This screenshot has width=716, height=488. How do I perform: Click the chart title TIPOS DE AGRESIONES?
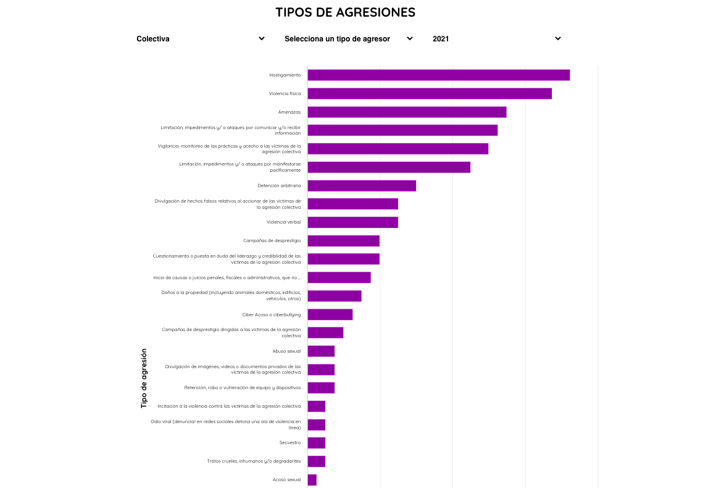(345, 12)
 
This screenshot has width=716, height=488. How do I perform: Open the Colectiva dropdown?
(201, 38)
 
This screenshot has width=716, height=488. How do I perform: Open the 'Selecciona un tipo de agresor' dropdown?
(349, 38)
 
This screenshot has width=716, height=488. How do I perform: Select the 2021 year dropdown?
(497, 38)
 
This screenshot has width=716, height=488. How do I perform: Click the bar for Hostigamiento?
(438, 75)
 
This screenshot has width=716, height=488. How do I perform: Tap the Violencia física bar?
(429, 94)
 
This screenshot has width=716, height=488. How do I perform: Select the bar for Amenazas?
(407, 112)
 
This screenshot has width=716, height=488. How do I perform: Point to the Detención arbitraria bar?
(362, 186)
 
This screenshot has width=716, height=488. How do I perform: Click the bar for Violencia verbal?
(352, 222)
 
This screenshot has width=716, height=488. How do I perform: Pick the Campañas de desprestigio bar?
(343, 241)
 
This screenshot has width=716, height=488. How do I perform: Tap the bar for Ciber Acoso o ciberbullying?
(330, 314)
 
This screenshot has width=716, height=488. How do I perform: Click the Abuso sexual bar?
(321, 351)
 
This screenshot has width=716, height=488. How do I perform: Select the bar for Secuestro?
(317, 443)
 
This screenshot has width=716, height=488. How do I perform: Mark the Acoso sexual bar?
(312, 480)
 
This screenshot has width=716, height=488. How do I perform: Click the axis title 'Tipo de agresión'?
(144, 378)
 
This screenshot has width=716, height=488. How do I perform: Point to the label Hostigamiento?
(285, 75)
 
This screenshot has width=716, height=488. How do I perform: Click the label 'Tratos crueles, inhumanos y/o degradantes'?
(254, 461)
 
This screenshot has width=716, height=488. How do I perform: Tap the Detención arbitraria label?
(279, 186)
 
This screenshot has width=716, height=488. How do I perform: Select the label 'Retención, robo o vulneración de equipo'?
(242, 388)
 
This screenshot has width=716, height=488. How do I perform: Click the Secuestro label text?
(289, 443)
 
